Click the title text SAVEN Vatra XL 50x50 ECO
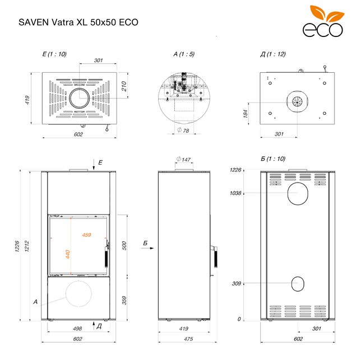(78, 23)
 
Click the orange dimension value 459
(86, 235)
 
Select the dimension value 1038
(235, 193)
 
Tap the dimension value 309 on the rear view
(236, 284)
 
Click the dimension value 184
(247, 114)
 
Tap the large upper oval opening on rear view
(297, 193)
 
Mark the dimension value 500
(124, 245)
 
